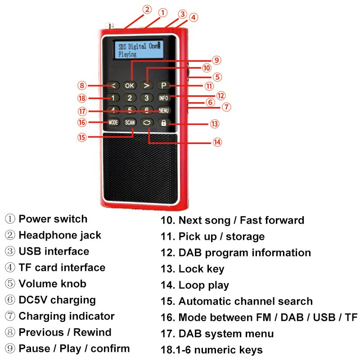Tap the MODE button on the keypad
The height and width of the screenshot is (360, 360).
113,122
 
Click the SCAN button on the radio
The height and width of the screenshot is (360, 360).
130,122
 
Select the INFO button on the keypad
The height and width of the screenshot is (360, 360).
162,98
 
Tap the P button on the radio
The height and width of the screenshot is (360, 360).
163,85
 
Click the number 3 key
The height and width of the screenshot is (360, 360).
146,98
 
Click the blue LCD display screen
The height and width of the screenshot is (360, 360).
139,49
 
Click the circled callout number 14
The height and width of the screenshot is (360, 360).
217,142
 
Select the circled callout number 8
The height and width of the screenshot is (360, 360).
81,85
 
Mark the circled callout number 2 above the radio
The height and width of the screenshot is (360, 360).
147,9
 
